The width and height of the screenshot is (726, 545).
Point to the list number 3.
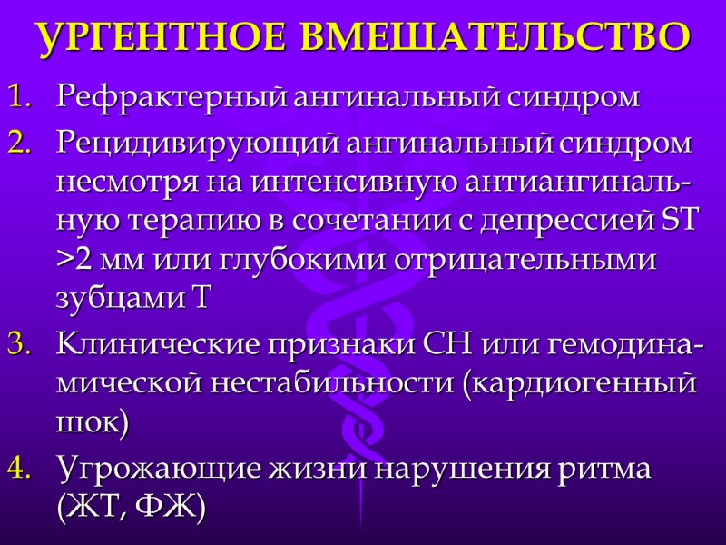[x=18, y=346]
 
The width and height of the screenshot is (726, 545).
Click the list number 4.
[x=18, y=471]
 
